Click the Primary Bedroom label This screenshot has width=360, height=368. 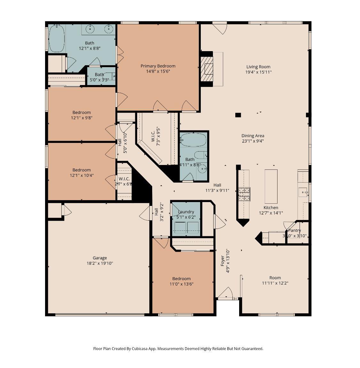[x=158, y=66]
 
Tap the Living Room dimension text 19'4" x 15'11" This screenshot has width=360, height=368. [x=258, y=72]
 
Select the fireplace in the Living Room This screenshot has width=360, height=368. [x=207, y=69]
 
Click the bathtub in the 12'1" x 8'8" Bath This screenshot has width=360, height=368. [x=57, y=39]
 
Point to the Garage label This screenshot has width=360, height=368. [x=100, y=258]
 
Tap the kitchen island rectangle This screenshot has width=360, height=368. [x=271, y=186]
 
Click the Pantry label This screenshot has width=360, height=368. [x=294, y=230]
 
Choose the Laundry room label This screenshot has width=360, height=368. [x=186, y=212]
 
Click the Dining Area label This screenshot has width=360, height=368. [x=253, y=136]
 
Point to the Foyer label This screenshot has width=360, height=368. [x=223, y=261]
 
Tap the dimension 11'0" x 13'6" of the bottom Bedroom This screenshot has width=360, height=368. [x=181, y=284]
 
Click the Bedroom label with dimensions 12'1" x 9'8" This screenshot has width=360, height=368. [x=82, y=112]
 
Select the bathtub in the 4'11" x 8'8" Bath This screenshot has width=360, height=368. [x=193, y=140]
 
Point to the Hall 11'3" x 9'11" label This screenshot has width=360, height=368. [x=217, y=185]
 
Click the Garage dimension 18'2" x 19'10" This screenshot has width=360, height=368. [x=100, y=263]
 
